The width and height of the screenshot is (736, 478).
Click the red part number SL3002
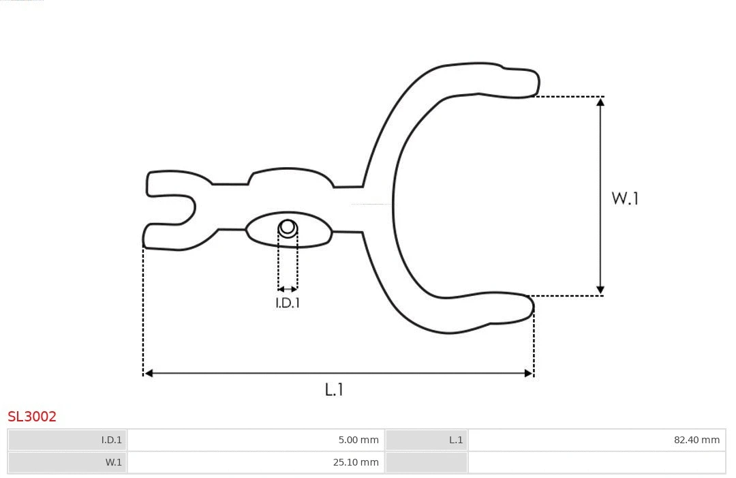click(32, 416)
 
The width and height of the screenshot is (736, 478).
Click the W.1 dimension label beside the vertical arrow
click(625, 198)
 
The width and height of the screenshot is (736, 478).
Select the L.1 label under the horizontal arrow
click(334, 389)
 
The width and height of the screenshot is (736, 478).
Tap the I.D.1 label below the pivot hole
click(288, 303)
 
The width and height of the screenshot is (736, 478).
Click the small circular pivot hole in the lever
click(288, 227)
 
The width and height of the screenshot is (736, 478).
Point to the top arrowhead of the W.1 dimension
click(600, 102)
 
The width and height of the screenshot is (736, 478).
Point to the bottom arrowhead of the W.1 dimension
click(600, 290)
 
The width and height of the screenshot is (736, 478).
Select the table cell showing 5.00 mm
click(256, 440)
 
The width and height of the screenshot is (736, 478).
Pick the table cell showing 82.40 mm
click(596, 440)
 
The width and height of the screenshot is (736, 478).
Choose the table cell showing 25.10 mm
click(256, 462)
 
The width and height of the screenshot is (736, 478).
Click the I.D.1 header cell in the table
click(67, 440)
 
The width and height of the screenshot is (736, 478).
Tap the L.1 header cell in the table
click(427, 440)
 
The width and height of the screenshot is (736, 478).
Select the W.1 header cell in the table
click(67, 462)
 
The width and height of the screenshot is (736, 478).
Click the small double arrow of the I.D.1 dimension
click(288, 289)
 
